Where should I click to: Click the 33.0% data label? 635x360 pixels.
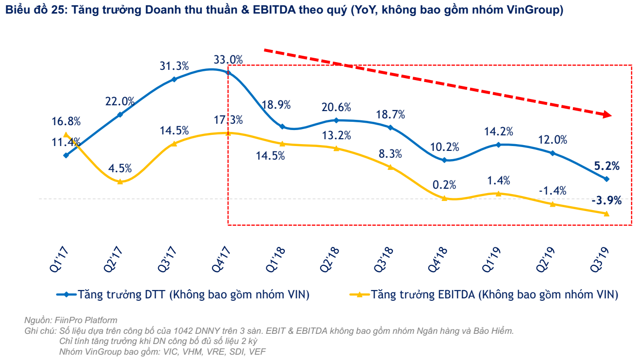click(x=228, y=60)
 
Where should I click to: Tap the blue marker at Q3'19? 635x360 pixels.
click(x=606, y=179)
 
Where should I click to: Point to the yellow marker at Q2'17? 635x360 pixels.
click(x=120, y=181)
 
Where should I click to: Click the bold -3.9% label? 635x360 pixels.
click(x=606, y=200)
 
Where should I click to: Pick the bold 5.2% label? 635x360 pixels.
click(x=606, y=166)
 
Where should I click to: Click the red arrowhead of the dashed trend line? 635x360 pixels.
click(x=606, y=115)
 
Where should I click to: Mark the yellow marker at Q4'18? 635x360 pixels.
click(x=444, y=198)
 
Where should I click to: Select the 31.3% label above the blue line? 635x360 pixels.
click(x=174, y=66)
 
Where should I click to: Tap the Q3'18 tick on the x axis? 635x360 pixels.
click(x=390, y=259)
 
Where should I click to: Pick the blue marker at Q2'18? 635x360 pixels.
click(x=336, y=120)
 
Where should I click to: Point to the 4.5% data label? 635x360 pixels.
click(x=120, y=168)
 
